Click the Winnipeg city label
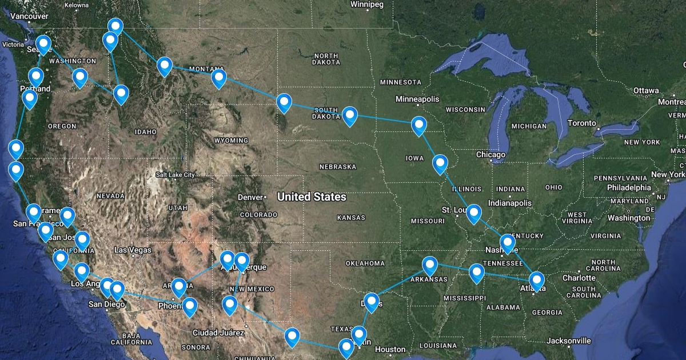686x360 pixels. (x=366, y=5)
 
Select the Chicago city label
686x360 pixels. (x=490, y=155)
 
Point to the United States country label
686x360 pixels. (x=312, y=197)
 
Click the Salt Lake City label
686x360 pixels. (x=175, y=175)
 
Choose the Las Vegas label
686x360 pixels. (x=133, y=250)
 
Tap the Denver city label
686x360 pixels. (x=250, y=197)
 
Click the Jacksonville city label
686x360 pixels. (x=568, y=341)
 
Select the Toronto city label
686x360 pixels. (x=581, y=123)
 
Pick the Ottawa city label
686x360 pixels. (x=646, y=91)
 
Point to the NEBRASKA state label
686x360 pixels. (x=337, y=167)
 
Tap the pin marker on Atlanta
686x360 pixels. (x=537, y=281)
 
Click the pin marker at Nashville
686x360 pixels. (x=508, y=243)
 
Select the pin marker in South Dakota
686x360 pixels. (x=350, y=115)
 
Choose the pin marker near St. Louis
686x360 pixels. (x=474, y=214)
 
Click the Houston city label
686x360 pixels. (x=390, y=349)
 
